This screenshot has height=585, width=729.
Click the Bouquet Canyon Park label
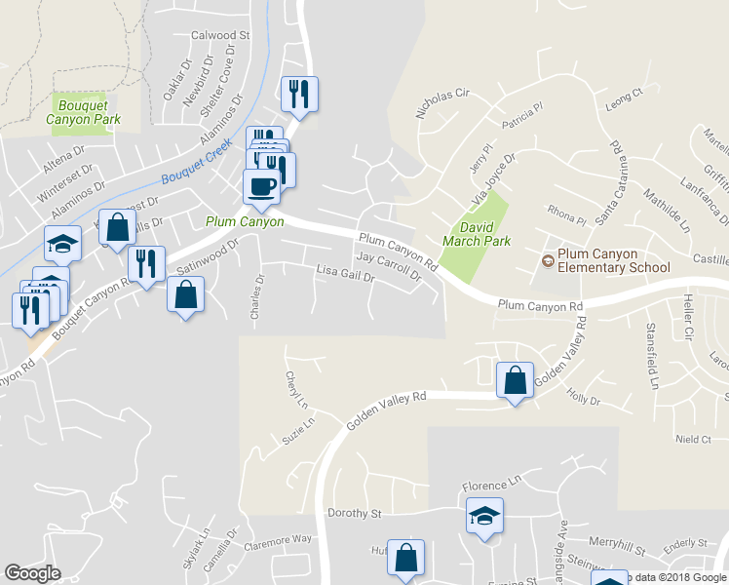[86, 112]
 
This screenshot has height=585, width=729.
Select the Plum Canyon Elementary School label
[614, 260]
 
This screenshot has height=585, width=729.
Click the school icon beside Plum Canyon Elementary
[548, 260]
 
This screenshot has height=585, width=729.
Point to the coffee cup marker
[260, 186]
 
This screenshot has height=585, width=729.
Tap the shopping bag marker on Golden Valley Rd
[515, 380]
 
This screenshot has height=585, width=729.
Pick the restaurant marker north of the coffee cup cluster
[299, 94]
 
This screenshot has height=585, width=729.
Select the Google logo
[33, 573]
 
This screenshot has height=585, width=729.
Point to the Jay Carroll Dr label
[388, 265]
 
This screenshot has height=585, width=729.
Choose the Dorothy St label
[354, 513]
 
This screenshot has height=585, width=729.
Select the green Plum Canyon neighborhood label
[245, 221]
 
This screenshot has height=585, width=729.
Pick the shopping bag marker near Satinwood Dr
[184, 293]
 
